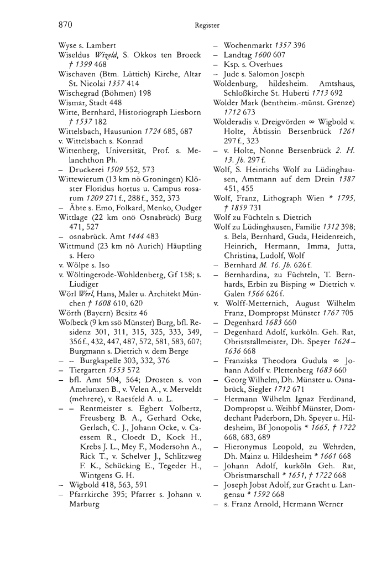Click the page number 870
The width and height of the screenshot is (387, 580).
[66, 24]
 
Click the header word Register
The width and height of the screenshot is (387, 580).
[207, 25]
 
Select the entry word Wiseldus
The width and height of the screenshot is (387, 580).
[76, 55]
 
